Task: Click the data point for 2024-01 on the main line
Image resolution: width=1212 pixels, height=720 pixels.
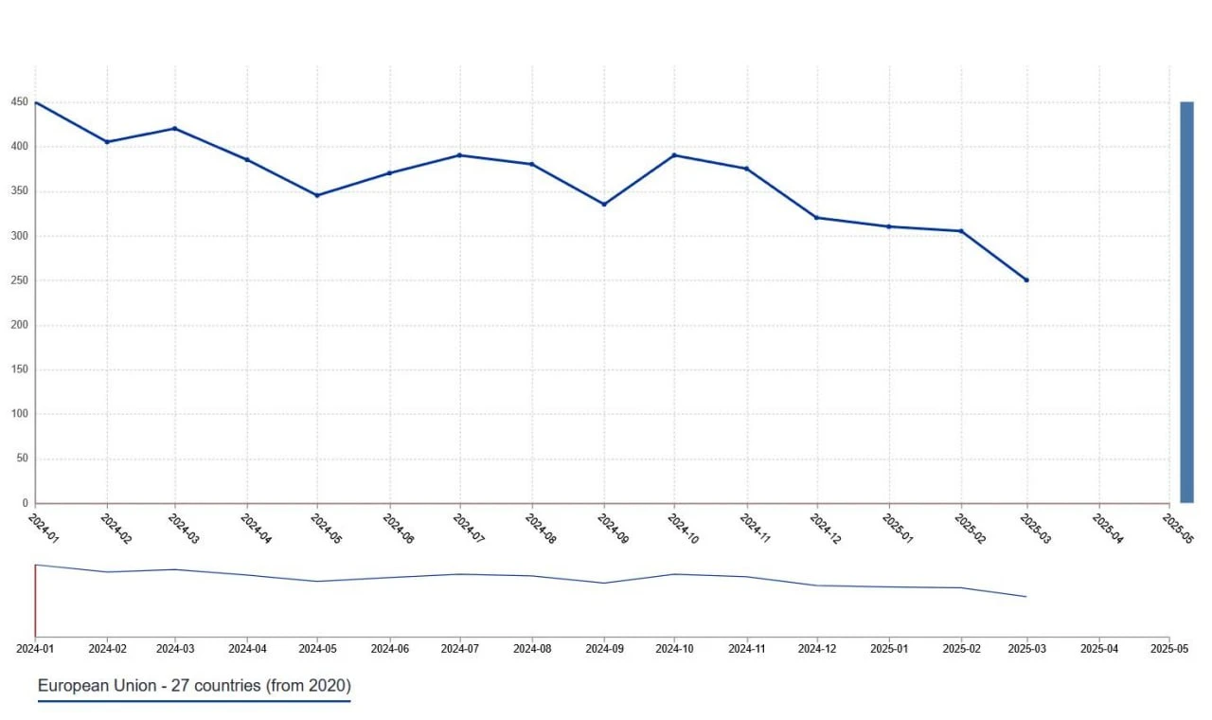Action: pos(36,102)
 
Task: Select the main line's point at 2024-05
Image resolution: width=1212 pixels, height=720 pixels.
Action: pos(317,195)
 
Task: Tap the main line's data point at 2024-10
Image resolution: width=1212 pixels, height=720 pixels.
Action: pos(674,155)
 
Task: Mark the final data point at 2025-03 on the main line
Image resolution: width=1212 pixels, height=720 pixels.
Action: pos(1026,279)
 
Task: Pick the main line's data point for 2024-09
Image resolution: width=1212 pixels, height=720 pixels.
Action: pos(604,204)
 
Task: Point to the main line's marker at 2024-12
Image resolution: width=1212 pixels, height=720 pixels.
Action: pos(817,218)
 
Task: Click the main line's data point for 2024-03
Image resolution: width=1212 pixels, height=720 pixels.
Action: pos(175,129)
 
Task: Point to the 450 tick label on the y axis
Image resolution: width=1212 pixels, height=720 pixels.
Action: pos(19,102)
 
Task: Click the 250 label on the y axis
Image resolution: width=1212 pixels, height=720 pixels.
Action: pos(19,280)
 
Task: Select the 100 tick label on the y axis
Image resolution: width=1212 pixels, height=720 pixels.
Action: pos(19,414)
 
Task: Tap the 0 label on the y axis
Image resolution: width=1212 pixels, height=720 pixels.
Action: pos(26,503)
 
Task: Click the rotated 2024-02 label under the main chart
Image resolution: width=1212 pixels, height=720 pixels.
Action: pos(115,529)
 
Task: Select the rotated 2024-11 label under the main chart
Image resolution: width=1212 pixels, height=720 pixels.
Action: pos(756,529)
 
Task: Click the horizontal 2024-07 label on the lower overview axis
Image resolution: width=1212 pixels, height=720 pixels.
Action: pos(460,649)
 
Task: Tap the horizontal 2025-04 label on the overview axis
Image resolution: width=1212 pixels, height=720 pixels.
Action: pos(1099,649)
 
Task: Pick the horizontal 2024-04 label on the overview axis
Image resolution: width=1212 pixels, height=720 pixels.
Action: pos(247,649)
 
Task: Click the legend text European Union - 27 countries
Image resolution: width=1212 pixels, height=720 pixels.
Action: pos(194,685)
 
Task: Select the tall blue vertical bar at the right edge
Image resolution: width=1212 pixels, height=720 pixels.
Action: pos(1186,302)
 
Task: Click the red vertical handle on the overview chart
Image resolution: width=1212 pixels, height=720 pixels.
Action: pos(35,601)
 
